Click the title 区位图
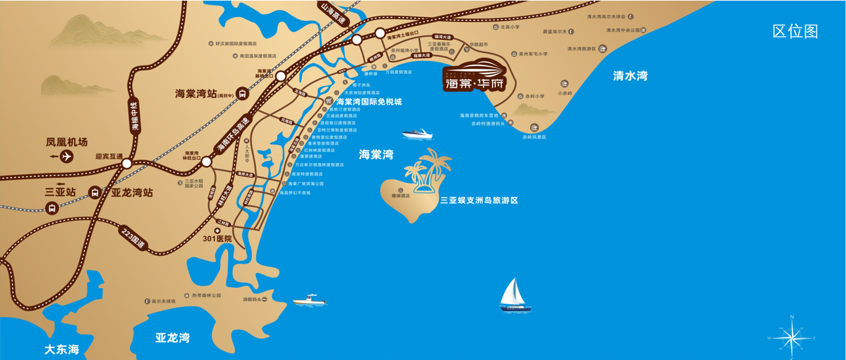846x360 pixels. (x=795, y=31)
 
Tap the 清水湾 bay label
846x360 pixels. (x=630, y=76)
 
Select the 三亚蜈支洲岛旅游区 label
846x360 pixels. (x=479, y=200)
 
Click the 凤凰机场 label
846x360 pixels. (x=67, y=142)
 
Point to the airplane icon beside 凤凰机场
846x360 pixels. (x=66, y=156)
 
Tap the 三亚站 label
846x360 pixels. (x=61, y=192)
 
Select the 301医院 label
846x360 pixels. (x=217, y=239)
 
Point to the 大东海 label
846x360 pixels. (x=62, y=349)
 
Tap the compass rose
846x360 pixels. (x=792, y=337)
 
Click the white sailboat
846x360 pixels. (x=515, y=295)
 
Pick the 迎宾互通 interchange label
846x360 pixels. (x=109, y=157)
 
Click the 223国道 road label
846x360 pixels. (x=133, y=237)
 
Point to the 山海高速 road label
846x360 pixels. (x=332, y=14)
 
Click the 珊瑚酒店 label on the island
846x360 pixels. (x=400, y=196)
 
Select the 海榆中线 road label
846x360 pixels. (x=135, y=117)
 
